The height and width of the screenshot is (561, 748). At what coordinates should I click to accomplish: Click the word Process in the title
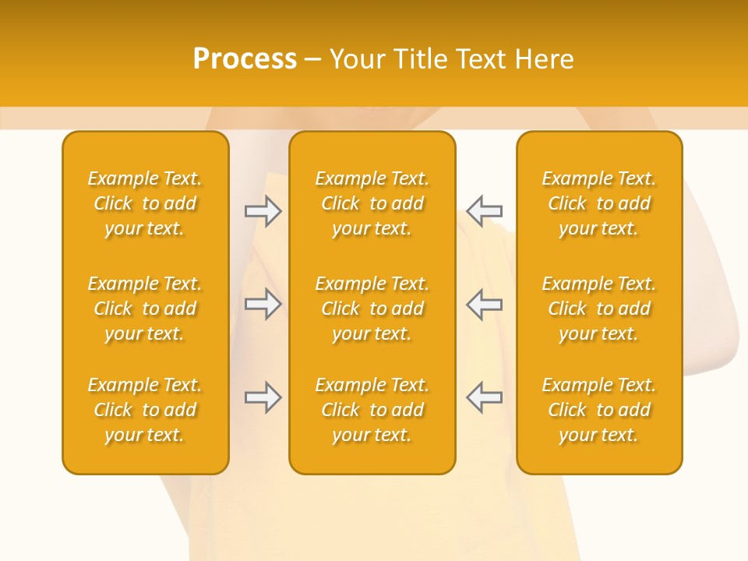point(245,59)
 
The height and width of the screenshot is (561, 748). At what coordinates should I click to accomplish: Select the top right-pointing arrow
point(263,211)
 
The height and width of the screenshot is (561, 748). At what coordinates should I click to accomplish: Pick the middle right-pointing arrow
point(263,304)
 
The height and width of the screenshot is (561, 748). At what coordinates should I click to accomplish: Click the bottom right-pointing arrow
point(263,397)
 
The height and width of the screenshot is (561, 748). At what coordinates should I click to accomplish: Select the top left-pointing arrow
point(484,211)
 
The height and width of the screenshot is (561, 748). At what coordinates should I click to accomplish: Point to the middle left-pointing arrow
point(484,304)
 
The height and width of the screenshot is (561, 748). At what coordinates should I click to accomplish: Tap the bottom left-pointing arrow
point(484,397)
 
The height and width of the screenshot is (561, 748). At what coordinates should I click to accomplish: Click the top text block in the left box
point(145,203)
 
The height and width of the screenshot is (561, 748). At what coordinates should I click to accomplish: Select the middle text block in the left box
point(145,309)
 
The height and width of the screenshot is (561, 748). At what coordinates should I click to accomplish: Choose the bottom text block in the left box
point(145,410)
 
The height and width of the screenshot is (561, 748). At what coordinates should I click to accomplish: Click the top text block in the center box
point(372,203)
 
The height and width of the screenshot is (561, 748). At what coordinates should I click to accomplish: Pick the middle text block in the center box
point(372,309)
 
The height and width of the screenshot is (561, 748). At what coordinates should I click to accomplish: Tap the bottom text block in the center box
point(372,410)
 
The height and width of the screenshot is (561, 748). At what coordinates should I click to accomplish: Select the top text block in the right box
point(598,203)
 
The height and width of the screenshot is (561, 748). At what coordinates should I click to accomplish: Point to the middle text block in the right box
point(598,309)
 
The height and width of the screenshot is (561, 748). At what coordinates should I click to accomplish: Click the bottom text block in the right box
point(598,410)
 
